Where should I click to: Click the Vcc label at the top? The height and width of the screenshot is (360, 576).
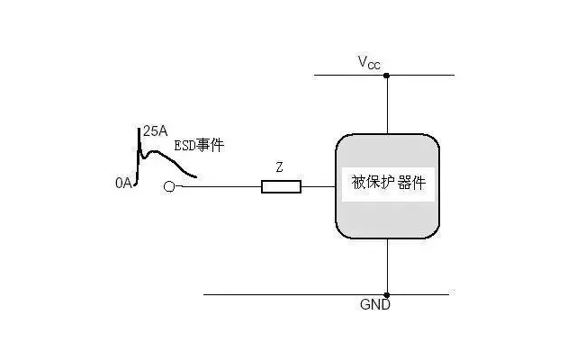point(369,62)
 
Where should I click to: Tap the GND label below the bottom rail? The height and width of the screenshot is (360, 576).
point(374,306)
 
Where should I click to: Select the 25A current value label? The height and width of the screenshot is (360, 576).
point(155,131)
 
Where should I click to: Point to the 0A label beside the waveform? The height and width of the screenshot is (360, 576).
point(124,183)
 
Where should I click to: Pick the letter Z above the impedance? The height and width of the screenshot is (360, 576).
point(280,167)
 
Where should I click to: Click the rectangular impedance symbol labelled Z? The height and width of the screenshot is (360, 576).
point(281,187)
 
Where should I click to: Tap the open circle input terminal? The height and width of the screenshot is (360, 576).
point(169,187)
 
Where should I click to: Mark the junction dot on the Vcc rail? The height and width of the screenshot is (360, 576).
point(387,76)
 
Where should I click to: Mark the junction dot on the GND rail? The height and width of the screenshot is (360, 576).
point(387,294)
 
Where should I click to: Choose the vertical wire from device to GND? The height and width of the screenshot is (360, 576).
point(387,266)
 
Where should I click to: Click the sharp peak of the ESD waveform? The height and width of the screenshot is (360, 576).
point(139,131)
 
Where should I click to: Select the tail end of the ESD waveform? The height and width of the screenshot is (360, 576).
point(194,175)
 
